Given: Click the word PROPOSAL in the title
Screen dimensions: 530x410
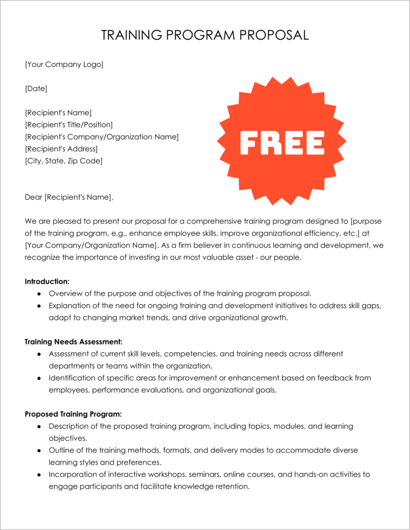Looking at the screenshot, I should (273, 35).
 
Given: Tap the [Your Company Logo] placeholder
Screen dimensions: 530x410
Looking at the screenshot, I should (64, 64).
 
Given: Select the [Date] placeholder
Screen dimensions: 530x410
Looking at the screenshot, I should (36, 88).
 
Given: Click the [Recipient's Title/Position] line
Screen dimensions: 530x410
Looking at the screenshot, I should (69, 125).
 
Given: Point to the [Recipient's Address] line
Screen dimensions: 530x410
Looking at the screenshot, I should (61, 149).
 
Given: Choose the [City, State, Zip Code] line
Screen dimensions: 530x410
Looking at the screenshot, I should (64, 160).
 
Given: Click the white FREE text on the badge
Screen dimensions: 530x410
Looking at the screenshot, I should (282, 142).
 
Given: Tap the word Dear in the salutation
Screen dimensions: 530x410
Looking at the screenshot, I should (33, 197).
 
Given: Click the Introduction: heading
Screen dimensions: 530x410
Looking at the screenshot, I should (47, 282).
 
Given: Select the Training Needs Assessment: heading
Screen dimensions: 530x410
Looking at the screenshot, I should (74, 342).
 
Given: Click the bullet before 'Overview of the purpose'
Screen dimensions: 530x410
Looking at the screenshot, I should (39, 294).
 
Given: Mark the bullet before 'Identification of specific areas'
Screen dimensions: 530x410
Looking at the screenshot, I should (39, 378).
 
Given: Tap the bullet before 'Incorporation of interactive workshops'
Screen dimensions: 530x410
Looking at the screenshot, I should (39, 475).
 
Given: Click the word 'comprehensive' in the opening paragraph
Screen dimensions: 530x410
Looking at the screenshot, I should (212, 221).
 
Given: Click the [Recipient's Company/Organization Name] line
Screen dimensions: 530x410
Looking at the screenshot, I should (102, 136).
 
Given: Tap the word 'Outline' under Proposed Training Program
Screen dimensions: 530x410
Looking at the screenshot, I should (61, 450).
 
